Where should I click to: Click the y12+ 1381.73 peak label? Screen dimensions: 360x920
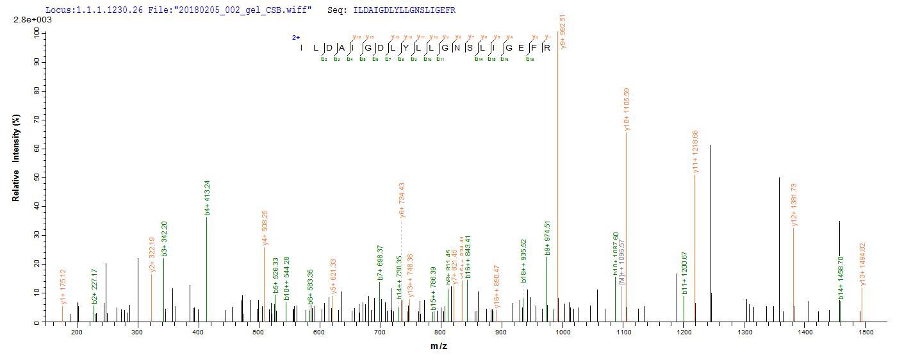pos(794,204)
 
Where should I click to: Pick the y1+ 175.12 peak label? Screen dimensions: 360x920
pos(63,286)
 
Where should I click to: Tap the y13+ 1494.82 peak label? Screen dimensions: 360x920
pos(862,265)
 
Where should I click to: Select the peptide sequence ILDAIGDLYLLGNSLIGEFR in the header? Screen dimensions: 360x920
pos(404,10)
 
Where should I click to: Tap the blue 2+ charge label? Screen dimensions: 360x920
pos(296,37)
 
